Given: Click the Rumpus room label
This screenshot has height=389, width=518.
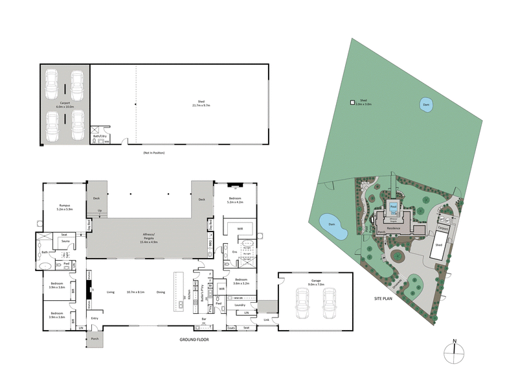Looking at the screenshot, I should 65,207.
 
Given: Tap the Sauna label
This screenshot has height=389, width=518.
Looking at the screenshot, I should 65,241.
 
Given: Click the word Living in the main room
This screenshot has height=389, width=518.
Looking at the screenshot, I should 111,292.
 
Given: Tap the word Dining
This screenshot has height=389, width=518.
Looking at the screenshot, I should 161,292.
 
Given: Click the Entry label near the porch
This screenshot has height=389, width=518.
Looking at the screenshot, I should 95,318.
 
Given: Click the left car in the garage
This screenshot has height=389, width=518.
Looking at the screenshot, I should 302,302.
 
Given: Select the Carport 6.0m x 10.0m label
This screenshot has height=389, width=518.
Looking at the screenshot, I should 65,104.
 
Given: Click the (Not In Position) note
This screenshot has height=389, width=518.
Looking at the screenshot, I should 153,152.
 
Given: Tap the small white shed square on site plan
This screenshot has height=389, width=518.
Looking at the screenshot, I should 352,102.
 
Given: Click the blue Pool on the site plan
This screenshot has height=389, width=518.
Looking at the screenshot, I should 394,208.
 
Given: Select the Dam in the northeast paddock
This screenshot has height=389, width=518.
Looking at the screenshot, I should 425,105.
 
